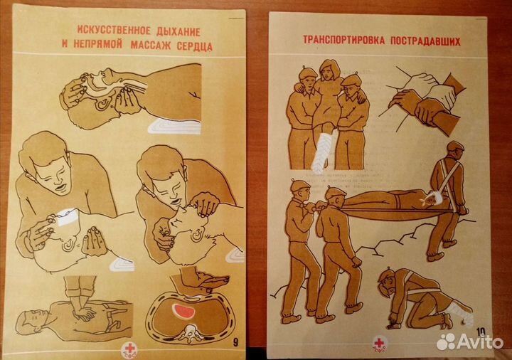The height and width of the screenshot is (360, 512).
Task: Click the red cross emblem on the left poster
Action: (129, 349)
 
